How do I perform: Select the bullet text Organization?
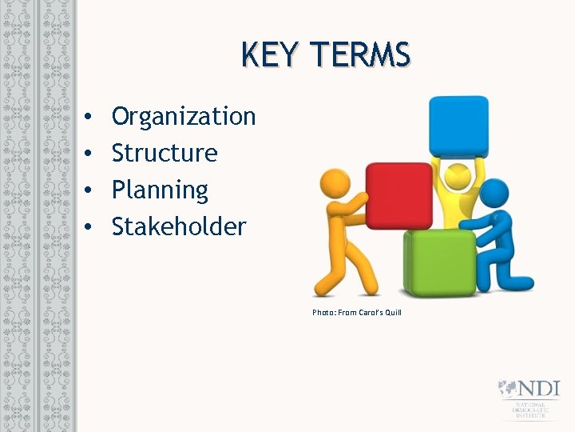pos(184,117)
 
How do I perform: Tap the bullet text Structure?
pos(165,153)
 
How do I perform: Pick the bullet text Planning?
pos(160,190)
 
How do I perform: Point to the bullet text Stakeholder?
pos(179,226)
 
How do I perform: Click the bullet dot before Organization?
pos(86,118)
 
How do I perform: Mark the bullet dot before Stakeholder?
pos(86,227)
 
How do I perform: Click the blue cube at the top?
pos(458,126)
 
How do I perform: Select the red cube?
pos(399,195)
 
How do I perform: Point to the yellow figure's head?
pos(457,176)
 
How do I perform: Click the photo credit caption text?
pos(357,312)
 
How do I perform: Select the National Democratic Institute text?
pos(531,410)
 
